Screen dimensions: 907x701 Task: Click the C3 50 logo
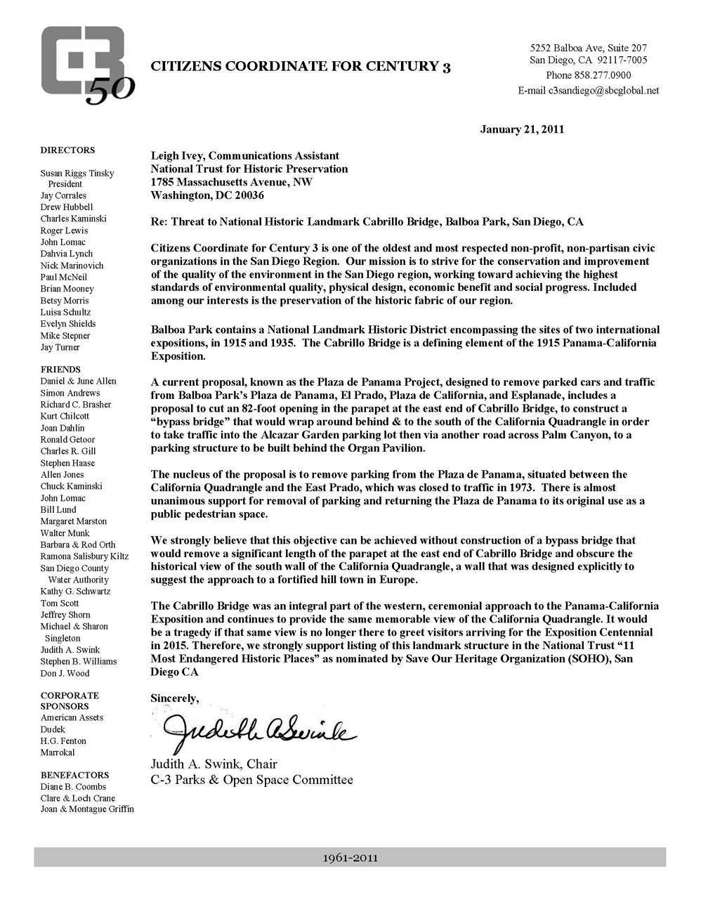[x=87, y=65]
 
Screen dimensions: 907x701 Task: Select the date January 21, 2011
[x=522, y=129]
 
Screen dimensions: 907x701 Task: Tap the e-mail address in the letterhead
[x=589, y=91]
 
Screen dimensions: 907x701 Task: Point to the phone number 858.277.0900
[x=588, y=75]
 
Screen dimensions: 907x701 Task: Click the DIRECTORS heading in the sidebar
[x=67, y=150]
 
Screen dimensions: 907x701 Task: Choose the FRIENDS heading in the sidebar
[x=60, y=370]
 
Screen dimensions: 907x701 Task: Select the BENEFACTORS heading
[x=74, y=775]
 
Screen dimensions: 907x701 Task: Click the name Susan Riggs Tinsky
[x=77, y=174]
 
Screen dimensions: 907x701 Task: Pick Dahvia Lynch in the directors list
[x=67, y=254]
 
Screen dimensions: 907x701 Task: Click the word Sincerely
[x=175, y=698]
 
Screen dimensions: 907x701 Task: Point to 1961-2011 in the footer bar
[x=350, y=858]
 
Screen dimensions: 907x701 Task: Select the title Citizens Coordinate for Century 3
[x=301, y=67]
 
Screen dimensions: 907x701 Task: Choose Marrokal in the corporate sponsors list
[x=58, y=752]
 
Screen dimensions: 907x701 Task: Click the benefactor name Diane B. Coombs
[x=73, y=787]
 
